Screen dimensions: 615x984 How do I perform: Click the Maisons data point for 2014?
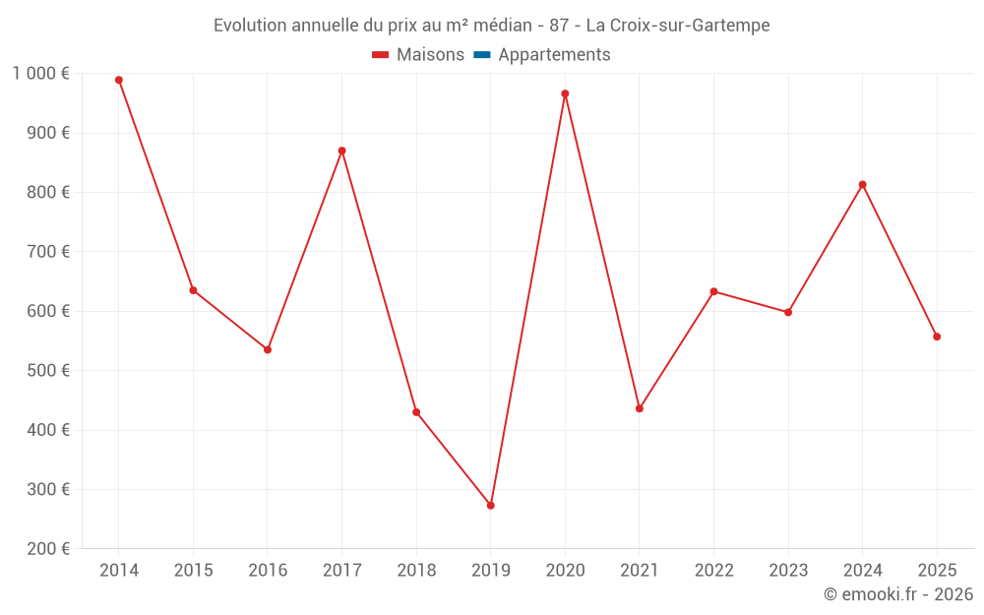(119, 80)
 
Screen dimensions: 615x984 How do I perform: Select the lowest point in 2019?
(491, 505)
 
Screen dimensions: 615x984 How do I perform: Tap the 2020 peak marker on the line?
(565, 93)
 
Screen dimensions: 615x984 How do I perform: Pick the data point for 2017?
(341, 151)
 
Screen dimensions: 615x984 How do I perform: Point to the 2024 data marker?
(862, 184)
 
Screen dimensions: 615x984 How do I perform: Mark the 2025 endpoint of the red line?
(937, 337)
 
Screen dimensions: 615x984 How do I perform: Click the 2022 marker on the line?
(713, 291)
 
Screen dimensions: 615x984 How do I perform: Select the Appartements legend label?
(554, 55)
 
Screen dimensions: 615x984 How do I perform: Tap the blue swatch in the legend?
(481, 55)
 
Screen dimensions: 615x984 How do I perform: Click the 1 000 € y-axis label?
(40, 73)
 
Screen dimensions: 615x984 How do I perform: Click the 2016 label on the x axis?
(268, 570)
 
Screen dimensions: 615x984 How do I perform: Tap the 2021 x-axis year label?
(640, 570)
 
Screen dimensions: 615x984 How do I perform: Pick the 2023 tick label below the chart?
(788, 570)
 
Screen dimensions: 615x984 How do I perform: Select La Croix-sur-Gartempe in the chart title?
(678, 25)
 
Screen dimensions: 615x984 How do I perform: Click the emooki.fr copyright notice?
(897, 594)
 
